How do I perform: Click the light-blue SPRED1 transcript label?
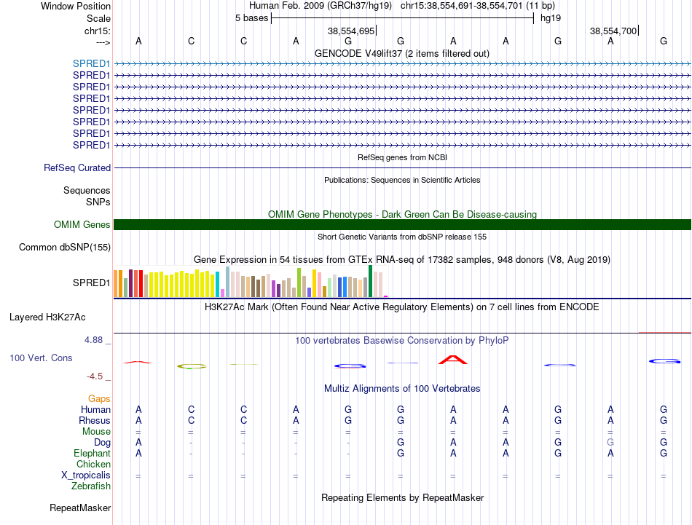(x=91, y=63)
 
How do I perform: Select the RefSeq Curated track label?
(x=77, y=167)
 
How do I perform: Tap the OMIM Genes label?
(x=82, y=224)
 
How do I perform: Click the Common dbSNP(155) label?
(x=65, y=247)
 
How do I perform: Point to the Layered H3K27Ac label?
(x=47, y=317)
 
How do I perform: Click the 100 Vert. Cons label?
(x=41, y=358)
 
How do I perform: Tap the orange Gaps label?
(x=99, y=398)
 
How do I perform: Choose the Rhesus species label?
(x=95, y=420)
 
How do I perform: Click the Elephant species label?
(x=92, y=453)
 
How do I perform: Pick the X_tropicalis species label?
(x=86, y=475)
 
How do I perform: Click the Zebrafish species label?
(x=91, y=486)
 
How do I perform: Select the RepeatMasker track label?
(x=80, y=508)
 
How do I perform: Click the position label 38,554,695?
(x=351, y=31)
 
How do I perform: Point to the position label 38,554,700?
(x=613, y=31)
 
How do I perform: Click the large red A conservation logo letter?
(x=453, y=360)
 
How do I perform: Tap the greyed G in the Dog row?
(x=610, y=442)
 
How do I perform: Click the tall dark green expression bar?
(x=370, y=281)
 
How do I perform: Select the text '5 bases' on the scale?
(x=251, y=18)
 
